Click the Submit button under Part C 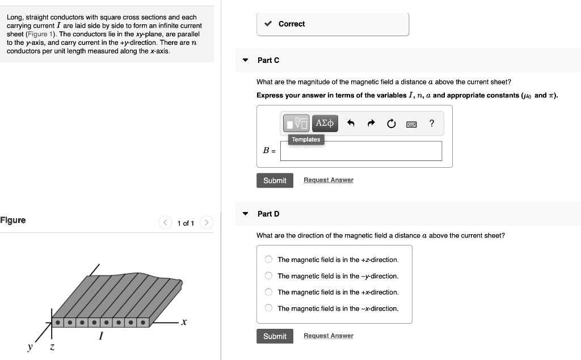[275, 180]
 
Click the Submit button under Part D [275, 336]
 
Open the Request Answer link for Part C [328, 180]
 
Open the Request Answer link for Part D [328, 336]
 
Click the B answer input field [361, 151]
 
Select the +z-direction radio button [268, 260]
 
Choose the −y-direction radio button [268, 276]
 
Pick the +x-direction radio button [268, 293]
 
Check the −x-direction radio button [268, 308]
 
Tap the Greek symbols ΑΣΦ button [326, 123]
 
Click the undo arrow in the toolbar [351, 123]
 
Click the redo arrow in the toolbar [371, 123]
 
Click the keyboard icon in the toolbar [411, 124]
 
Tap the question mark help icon [432, 123]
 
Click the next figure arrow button [207, 223]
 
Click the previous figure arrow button [165, 223]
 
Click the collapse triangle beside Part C [245, 60]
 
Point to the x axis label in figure [183, 322]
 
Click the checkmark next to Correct [268, 24]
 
